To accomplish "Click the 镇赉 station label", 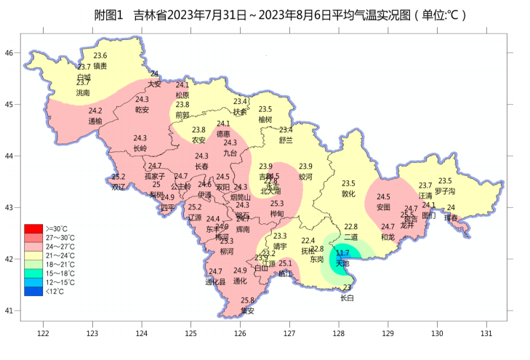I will (100, 65).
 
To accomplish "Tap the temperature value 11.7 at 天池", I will (342, 253).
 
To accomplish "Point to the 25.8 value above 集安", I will (247, 300).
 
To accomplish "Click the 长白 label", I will (347, 298).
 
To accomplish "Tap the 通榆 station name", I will (95, 121).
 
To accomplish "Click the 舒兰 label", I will (286, 140).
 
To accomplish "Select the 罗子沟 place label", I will (445, 191).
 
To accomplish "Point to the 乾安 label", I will (142, 110).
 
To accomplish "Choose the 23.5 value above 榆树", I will (265, 109).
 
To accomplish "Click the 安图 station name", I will (383, 207).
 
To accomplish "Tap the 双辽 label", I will (119, 187).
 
